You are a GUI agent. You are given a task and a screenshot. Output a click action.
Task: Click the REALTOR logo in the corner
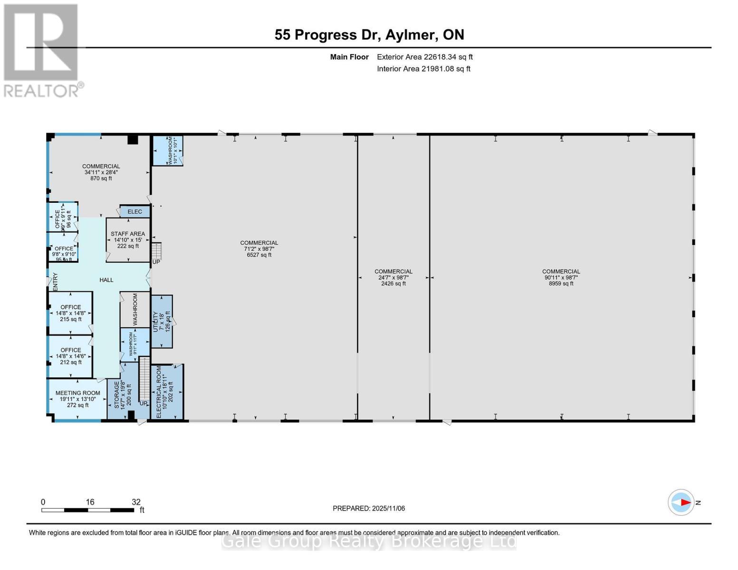coord(42,50)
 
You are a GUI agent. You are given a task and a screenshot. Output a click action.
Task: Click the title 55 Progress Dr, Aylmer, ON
coord(369,35)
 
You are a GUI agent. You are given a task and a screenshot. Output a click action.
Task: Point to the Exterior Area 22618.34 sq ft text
coord(424,57)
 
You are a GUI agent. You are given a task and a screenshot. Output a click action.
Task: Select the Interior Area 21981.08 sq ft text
coord(423,69)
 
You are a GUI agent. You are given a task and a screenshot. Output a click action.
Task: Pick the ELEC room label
coord(135,211)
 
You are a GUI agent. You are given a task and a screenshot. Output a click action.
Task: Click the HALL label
coord(106,280)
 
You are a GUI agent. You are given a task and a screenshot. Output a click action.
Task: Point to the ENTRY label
coord(55,282)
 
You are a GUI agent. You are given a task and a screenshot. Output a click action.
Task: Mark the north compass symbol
coord(681,502)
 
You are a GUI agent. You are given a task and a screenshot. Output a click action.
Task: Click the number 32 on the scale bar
coord(136,502)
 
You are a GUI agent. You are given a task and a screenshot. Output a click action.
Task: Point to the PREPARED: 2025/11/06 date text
coord(369,508)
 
